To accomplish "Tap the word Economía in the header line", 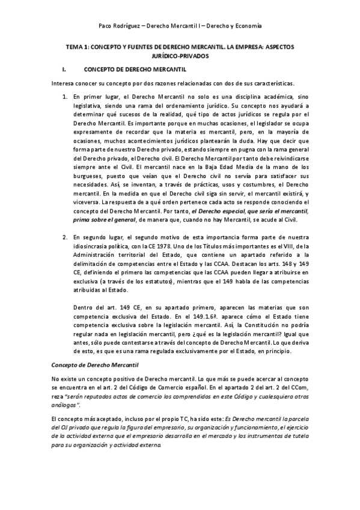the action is click(x=246, y=26).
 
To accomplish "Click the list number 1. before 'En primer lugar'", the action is click(x=65, y=96).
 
